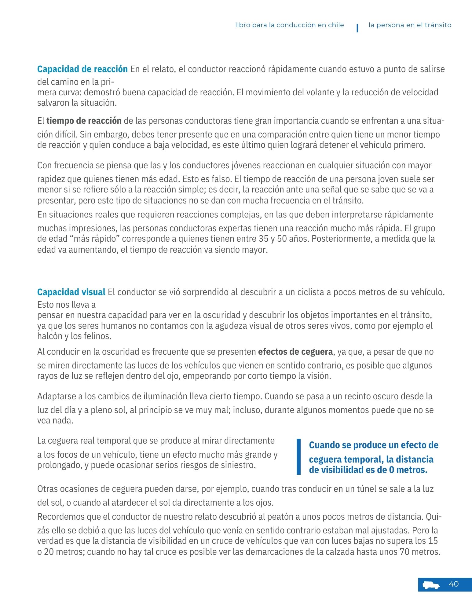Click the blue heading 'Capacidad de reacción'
pyautogui.click(x=82, y=69)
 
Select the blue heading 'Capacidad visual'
pyautogui.click(x=71, y=292)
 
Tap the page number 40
pyautogui.click(x=454, y=584)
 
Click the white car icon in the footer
pyautogui.click(x=431, y=585)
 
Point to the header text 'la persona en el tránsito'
pyautogui.click(x=410, y=25)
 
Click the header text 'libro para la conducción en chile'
pyautogui.click(x=289, y=25)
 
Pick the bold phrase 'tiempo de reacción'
pyautogui.click(x=84, y=121)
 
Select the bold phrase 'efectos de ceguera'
pyautogui.click(x=295, y=352)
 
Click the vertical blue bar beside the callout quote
pyautogui.click(x=298, y=456)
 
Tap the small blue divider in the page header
pyautogui.click(x=357, y=28)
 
